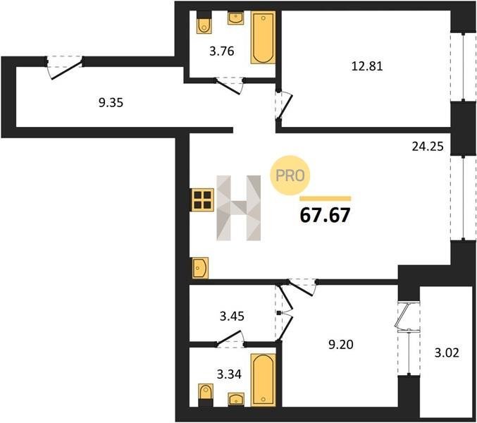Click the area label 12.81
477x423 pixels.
[367, 66]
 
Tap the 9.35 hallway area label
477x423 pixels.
[111, 103]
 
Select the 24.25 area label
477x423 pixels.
[428, 147]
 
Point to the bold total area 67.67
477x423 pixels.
[325, 216]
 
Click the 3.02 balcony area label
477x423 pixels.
[447, 353]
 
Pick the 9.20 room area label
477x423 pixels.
[341, 345]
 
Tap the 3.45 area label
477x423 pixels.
[232, 317]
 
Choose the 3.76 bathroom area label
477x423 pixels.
[222, 51]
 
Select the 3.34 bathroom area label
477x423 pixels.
[229, 374]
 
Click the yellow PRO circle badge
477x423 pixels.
[290, 176]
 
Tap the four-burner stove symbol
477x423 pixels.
[203, 200]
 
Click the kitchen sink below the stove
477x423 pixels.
[200, 268]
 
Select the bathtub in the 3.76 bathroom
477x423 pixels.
[263, 37]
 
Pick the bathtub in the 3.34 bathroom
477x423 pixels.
[263, 380]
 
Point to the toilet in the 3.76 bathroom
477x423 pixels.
[204, 23]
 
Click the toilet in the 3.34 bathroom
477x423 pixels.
[206, 396]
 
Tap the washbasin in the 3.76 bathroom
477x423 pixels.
[236, 18]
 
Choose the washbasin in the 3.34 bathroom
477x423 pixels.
[236, 399]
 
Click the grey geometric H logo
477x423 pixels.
[238, 208]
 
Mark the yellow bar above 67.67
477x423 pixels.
[326, 199]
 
